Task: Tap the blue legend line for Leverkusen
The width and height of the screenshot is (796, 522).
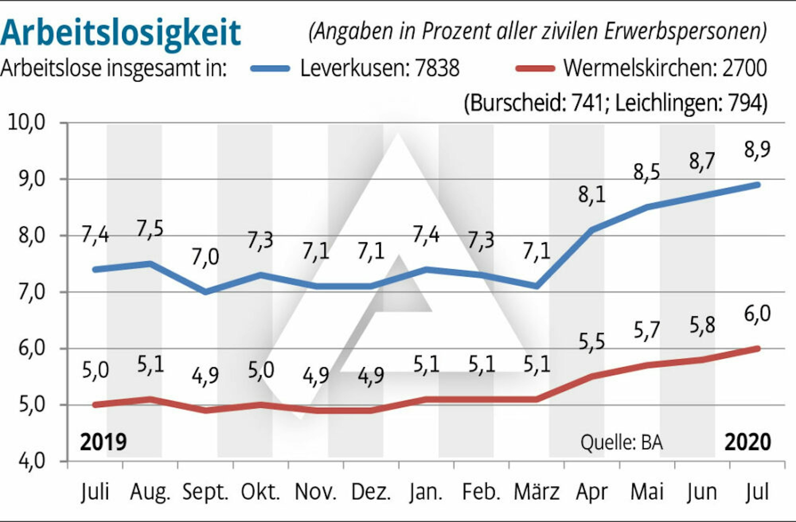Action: pos(270,68)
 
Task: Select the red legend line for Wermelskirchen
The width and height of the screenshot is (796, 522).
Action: pos(535,68)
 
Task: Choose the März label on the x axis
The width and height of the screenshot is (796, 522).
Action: pos(537,492)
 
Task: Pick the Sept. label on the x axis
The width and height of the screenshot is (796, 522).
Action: pos(205,492)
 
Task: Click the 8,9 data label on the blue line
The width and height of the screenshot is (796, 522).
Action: pos(757,149)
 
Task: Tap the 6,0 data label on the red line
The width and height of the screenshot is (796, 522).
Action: pos(757,314)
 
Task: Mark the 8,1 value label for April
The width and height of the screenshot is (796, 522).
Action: pos(592,195)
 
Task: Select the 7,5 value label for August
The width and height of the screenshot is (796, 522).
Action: pos(150,229)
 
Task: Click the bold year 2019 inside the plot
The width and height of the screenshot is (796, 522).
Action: pos(103,442)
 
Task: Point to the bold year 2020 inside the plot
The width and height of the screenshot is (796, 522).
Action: pos(747,442)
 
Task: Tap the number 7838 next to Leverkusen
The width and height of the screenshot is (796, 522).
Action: pos(437,68)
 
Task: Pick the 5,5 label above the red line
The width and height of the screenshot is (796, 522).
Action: pos(591,342)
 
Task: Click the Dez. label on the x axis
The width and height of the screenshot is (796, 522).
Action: pos(371,492)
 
